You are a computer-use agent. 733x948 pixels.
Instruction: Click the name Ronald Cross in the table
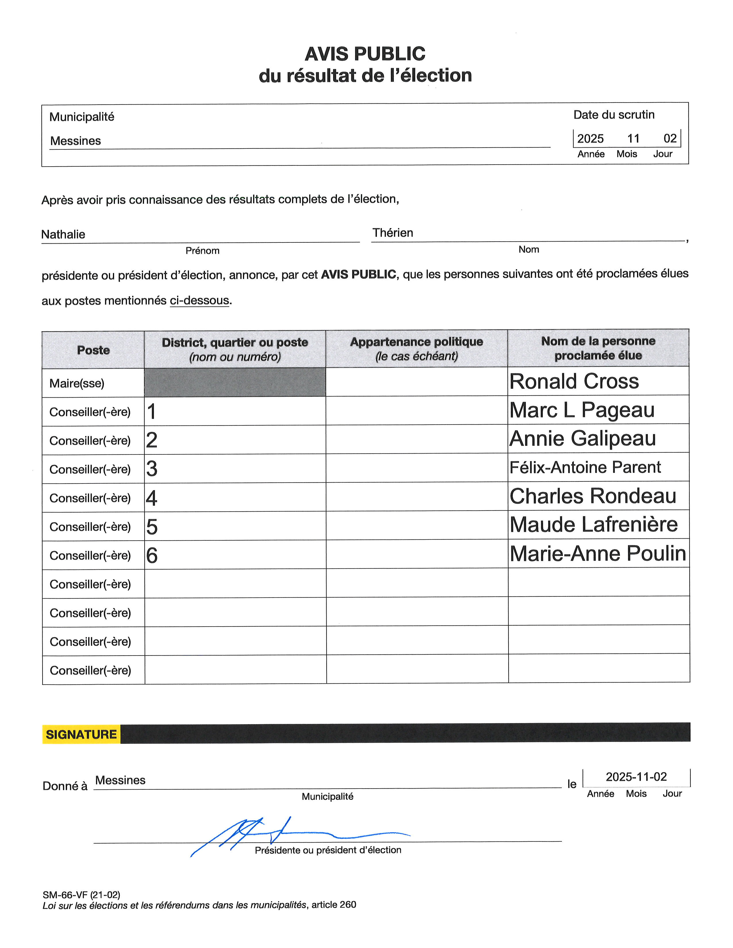point(574,381)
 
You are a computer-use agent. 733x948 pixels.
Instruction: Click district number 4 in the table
point(151,498)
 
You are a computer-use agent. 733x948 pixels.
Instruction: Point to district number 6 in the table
point(151,556)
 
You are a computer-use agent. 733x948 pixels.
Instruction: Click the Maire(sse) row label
point(77,383)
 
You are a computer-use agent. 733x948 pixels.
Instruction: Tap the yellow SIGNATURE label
point(81,735)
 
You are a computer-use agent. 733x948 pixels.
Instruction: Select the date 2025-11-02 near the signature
point(636,776)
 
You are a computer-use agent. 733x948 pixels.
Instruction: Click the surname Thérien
point(393,233)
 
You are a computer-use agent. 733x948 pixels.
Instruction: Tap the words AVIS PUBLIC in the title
point(365,54)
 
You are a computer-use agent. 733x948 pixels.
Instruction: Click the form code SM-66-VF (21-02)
point(81,895)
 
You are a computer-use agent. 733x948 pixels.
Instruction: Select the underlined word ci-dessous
point(199,300)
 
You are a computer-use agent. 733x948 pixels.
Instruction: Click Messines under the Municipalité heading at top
point(76,141)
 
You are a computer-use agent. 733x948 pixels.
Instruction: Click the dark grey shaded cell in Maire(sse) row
point(235,382)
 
